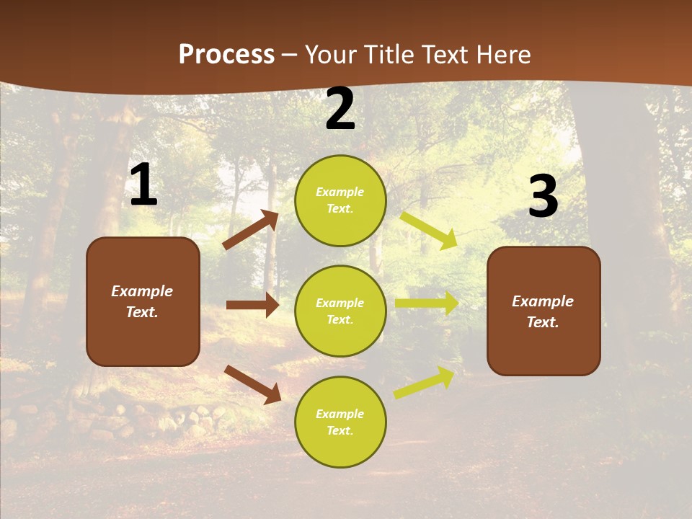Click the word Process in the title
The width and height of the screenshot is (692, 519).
[x=226, y=55]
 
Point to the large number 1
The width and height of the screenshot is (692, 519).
[x=143, y=185]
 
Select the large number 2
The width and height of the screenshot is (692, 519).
[x=340, y=110]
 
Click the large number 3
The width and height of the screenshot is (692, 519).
[x=543, y=197]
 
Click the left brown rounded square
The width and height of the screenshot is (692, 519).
[x=143, y=301]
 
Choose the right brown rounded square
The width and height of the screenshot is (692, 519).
[x=544, y=311]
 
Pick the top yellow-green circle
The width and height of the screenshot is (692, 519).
[x=340, y=200]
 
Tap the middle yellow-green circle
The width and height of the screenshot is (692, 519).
[x=340, y=311]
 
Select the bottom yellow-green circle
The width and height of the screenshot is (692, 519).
[x=340, y=422]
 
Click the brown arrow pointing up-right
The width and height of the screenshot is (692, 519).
[x=251, y=230]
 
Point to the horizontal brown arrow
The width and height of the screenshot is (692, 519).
[x=252, y=305]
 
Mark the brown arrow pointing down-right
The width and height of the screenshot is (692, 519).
[x=252, y=384]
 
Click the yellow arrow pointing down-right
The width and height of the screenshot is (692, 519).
[x=428, y=230]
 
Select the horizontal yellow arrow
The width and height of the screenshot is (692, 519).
[x=427, y=303]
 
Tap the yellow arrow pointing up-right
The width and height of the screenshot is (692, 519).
[x=425, y=383]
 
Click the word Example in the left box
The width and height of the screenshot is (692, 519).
[x=142, y=291]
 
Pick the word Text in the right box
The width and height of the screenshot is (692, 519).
[x=542, y=322]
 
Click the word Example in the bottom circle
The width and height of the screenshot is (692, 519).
[x=340, y=414]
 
